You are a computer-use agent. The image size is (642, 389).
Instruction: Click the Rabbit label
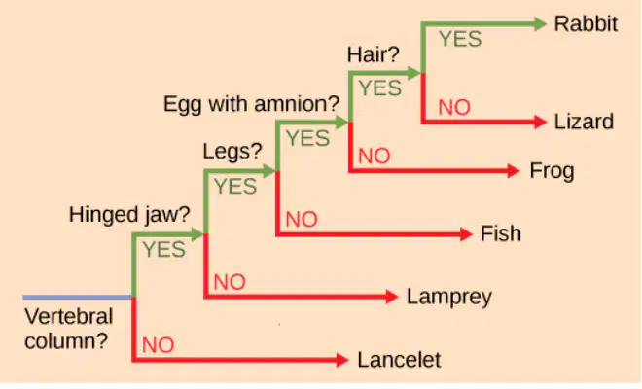coord(586,23)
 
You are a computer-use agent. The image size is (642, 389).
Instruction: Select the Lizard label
coord(584,122)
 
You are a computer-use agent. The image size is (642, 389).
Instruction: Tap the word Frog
coord(552,171)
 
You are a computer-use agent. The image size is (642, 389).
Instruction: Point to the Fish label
coord(501,233)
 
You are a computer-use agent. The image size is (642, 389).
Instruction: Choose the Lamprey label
coord(449,297)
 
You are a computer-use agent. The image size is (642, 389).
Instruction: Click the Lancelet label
coord(399,360)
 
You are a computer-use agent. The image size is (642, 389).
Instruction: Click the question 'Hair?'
coord(373,54)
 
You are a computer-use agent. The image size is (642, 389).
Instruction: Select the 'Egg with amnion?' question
coord(251,104)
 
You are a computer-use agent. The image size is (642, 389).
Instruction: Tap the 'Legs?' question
coord(232,153)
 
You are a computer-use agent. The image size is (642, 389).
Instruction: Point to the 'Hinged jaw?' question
coord(129,215)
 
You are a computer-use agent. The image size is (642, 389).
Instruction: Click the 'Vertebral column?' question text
coord(68,329)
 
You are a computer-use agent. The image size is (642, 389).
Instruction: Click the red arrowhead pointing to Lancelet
coord(342,360)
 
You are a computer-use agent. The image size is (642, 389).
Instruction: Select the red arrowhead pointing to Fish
coord(466,233)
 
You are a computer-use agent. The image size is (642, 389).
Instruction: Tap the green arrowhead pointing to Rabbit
coord(540,23)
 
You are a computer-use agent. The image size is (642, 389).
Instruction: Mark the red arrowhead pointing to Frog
coord(514,171)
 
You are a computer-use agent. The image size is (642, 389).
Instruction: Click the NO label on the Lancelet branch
coord(158,345)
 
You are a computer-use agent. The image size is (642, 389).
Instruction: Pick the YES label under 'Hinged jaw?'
coord(163,249)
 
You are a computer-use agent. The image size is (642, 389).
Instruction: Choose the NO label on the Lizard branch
coord(454,108)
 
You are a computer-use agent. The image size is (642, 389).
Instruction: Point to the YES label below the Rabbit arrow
coord(460,39)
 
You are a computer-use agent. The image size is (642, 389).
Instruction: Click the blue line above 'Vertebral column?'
coord(78,297)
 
